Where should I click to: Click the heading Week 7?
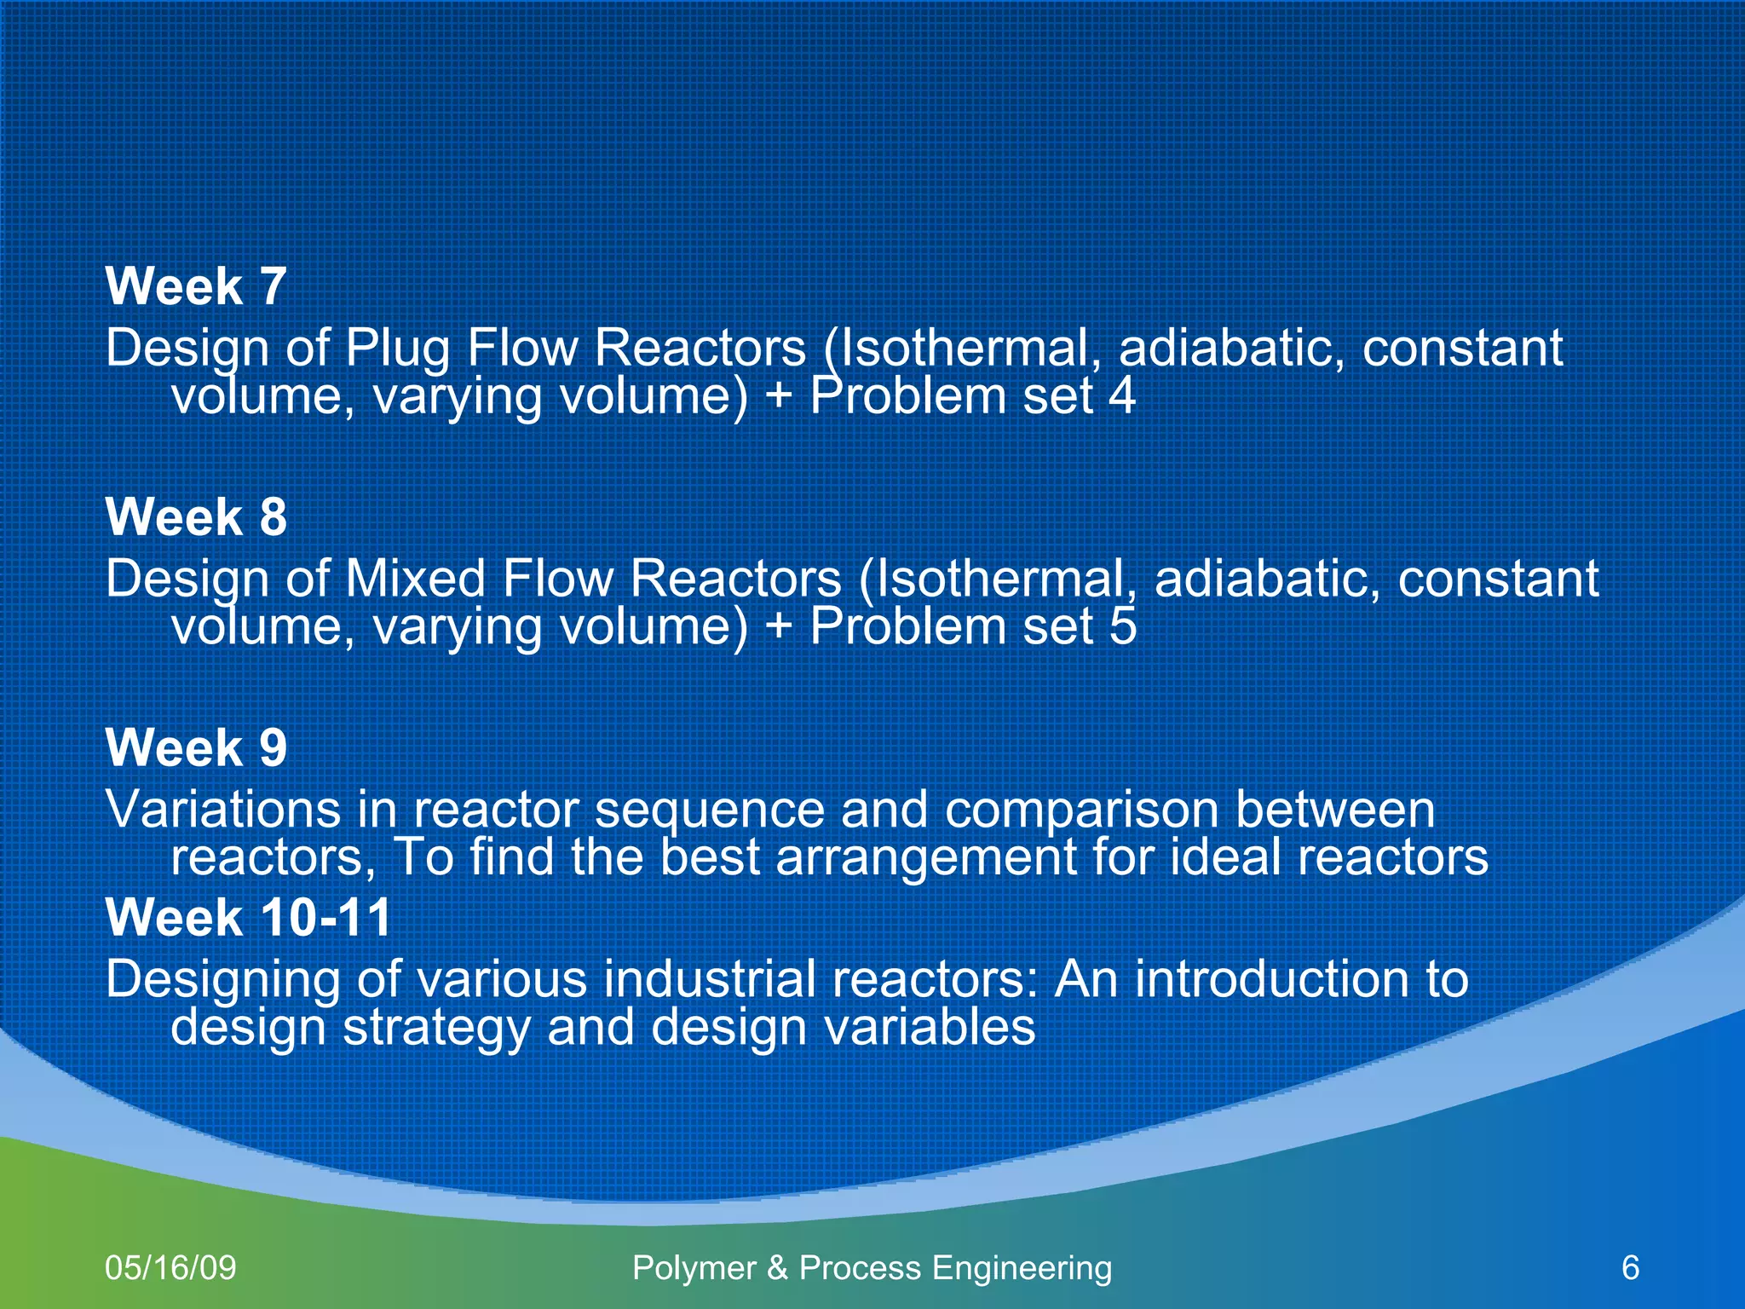196,286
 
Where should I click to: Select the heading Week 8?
196,517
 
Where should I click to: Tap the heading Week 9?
196,748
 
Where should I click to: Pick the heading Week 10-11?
249,918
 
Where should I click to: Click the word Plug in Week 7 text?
397,349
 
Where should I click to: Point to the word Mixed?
415,580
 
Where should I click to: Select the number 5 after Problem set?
1122,627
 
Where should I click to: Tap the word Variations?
223,810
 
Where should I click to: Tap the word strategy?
436,1029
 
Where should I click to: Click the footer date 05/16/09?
170,1268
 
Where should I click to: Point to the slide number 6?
1630,1268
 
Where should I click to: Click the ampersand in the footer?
777,1268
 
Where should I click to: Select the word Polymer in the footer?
694,1269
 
